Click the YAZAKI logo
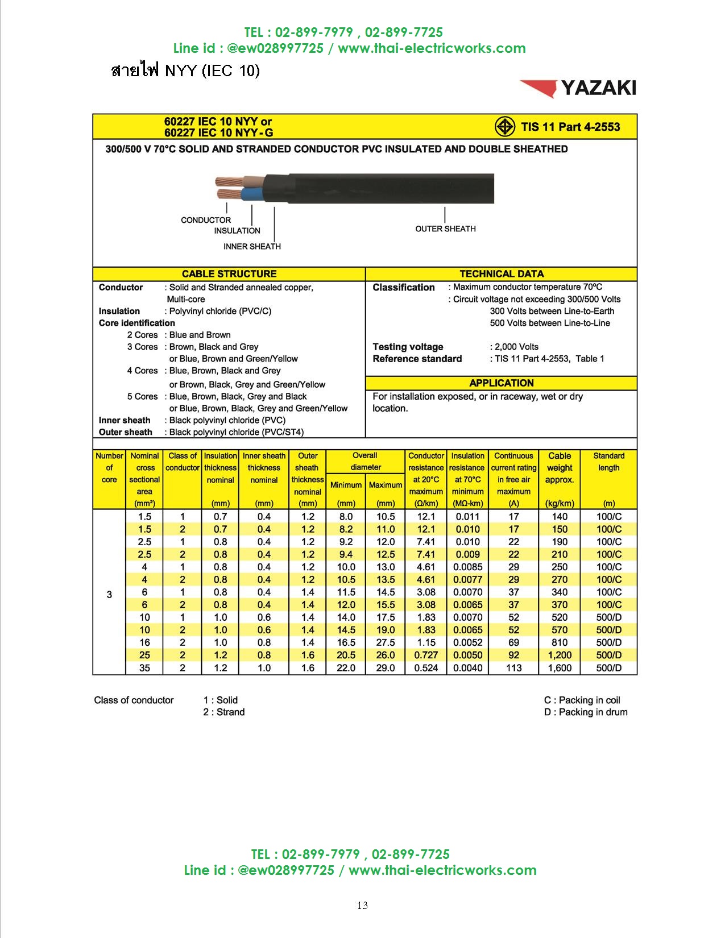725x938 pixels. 578,88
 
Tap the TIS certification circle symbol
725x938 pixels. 504,127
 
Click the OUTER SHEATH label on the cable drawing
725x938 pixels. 445,229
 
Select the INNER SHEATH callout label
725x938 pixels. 252,246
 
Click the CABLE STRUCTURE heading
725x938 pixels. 229,273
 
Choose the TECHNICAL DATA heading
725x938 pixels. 502,273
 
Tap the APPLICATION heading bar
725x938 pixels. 502,383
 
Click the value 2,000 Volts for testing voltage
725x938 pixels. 516,347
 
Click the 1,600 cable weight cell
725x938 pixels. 560,668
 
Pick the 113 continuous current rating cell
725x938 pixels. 513,668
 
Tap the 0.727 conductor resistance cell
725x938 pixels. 426,655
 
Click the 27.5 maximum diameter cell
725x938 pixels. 386,642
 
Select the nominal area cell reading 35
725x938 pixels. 144,668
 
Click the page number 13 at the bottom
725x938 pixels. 362,905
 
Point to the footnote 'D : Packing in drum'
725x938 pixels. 586,712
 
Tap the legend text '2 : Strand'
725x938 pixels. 224,712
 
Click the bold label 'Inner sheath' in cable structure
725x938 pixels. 125,420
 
